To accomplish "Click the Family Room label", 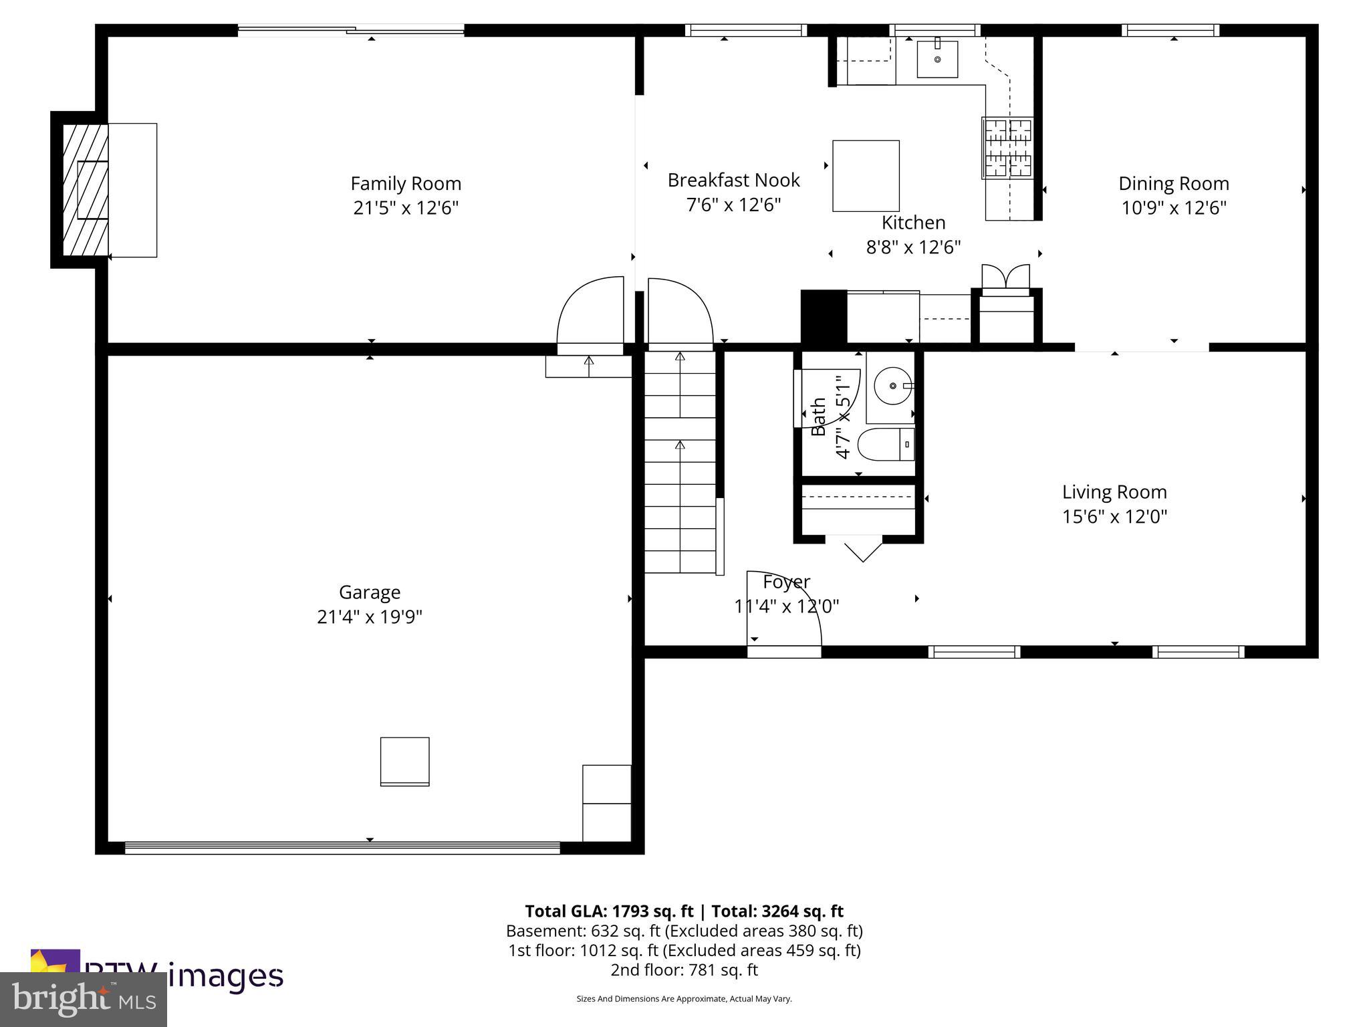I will click(x=406, y=183).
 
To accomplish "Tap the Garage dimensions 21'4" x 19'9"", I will click(x=369, y=616).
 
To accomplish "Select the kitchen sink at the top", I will click(x=937, y=59).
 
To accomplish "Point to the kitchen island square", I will click(x=865, y=175).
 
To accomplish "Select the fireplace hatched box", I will click(x=85, y=190).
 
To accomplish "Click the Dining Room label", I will click(x=1173, y=183).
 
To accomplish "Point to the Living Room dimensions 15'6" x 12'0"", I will click(x=1114, y=516).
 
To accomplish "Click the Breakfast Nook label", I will click(x=733, y=180).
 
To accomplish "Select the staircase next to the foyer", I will click(x=680, y=461).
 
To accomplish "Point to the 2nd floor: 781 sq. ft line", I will click(x=684, y=969).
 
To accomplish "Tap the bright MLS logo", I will click(x=83, y=1000).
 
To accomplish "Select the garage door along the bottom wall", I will click(x=342, y=848).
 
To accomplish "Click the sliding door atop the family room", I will click(x=351, y=29).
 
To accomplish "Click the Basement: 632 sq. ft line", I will click(x=684, y=931).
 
